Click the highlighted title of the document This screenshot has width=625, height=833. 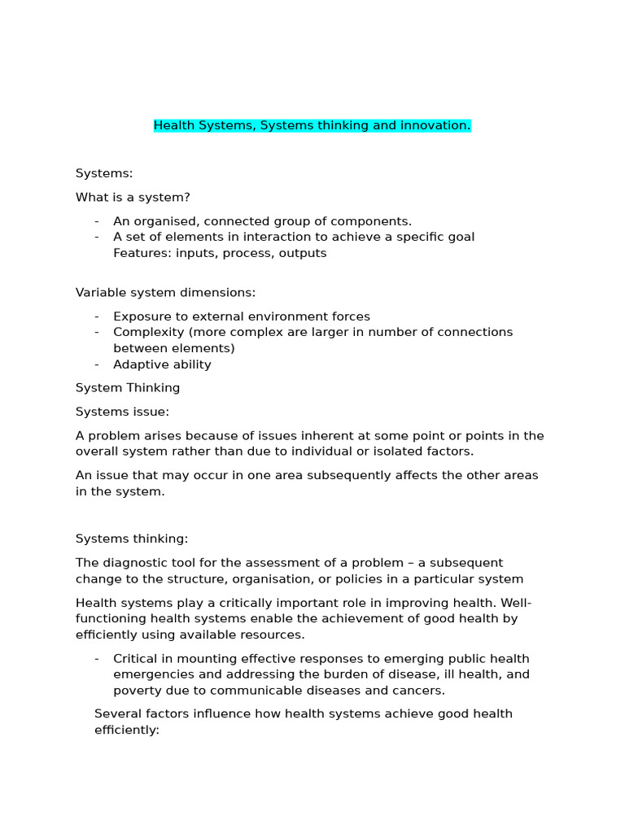tap(312, 126)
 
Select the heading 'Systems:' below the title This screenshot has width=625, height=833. tap(104, 173)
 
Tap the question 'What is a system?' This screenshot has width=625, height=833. tap(133, 197)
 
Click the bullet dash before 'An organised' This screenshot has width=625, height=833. tap(97, 221)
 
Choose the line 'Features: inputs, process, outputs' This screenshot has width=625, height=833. tap(220, 253)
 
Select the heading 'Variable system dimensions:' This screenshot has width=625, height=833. tap(165, 293)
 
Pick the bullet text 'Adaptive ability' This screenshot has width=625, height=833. tap(162, 364)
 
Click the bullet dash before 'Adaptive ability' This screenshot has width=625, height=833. tap(97, 364)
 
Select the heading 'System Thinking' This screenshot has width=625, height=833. tap(128, 388)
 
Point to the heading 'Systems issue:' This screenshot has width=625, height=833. tap(123, 412)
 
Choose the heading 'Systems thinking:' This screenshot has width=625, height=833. tap(132, 539)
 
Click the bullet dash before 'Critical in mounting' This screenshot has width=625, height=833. tap(97, 659)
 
